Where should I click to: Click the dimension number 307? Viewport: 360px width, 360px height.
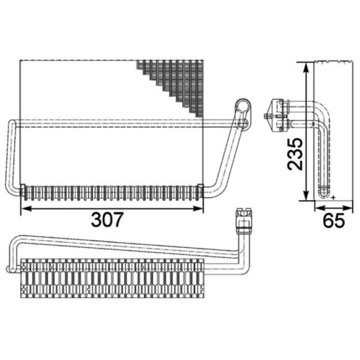[108, 220]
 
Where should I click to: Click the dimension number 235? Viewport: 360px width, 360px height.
[295, 154]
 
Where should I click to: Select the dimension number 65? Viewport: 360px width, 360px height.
[334, 220]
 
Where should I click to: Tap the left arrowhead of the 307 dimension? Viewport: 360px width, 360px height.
[26, 208]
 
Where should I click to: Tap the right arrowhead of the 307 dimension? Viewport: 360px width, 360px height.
[198, 208]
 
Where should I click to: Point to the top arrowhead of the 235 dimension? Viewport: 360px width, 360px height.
[306, 68]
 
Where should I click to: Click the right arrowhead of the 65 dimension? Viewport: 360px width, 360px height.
[347, 208]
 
